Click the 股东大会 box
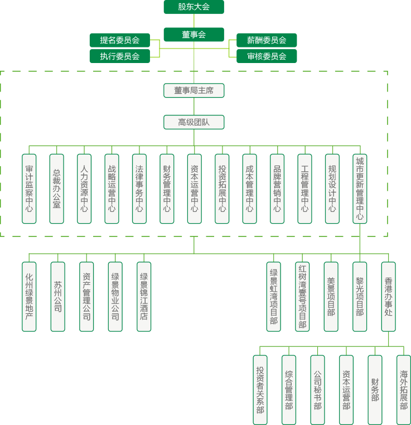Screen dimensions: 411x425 pos(194,7)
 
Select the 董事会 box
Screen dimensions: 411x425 pos(194,35)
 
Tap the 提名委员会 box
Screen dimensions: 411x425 pos(120,40)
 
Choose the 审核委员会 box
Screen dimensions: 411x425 pos(267,56)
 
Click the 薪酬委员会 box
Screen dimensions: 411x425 pos(267,40)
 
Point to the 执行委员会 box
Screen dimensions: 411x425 pos(120,56)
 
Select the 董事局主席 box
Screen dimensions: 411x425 pos(194,90)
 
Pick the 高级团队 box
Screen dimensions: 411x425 pos(194,122)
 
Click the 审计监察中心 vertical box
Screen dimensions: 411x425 pos(29,189)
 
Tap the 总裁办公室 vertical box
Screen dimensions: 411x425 pos(57,189)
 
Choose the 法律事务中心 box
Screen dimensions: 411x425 pos(139,189)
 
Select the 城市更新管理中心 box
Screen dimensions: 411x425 pos(360,189)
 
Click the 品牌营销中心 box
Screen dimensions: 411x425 pos(277,189)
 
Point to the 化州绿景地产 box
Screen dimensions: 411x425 pos(29,297)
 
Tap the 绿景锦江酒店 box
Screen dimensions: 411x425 pos(144,297)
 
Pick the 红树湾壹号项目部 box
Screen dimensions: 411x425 pos(302,297)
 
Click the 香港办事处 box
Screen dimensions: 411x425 pos(389,297)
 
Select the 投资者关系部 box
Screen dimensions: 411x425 pos(260,390)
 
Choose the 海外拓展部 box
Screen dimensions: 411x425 pos(404,390)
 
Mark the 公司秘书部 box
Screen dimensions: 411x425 pos(317,390)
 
